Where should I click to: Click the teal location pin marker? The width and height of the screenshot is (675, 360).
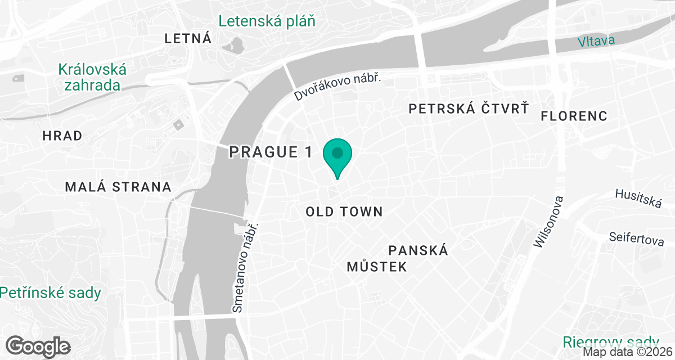[337, 155]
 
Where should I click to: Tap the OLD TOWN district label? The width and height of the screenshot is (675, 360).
[344, 212]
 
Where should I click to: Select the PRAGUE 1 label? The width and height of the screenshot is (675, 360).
[271, 152]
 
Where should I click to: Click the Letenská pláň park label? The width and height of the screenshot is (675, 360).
[267, 21]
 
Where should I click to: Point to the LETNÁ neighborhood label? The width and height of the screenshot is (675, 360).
[188, 39]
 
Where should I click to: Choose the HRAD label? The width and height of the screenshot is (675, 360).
[62, 136]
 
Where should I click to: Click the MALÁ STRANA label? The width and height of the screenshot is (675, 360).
[118, 187]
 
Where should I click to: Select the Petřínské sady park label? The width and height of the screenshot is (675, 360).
[51, 293]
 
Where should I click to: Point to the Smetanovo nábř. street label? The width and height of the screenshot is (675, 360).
[245, 267]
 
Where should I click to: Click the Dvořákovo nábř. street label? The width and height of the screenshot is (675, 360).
[337, 88]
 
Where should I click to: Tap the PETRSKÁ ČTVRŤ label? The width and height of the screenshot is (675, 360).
[469, 108]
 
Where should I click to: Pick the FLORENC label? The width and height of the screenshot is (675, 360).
[574, 116]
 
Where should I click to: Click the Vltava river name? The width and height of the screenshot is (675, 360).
[596, 40]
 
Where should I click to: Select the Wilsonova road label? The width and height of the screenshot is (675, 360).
[548, 222]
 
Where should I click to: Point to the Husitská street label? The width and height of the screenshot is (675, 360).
[637, 197]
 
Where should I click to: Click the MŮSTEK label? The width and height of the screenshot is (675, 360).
[376, 267]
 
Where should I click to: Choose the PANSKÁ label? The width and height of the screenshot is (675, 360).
[418, 250]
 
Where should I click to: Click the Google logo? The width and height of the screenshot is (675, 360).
[38, 346]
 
